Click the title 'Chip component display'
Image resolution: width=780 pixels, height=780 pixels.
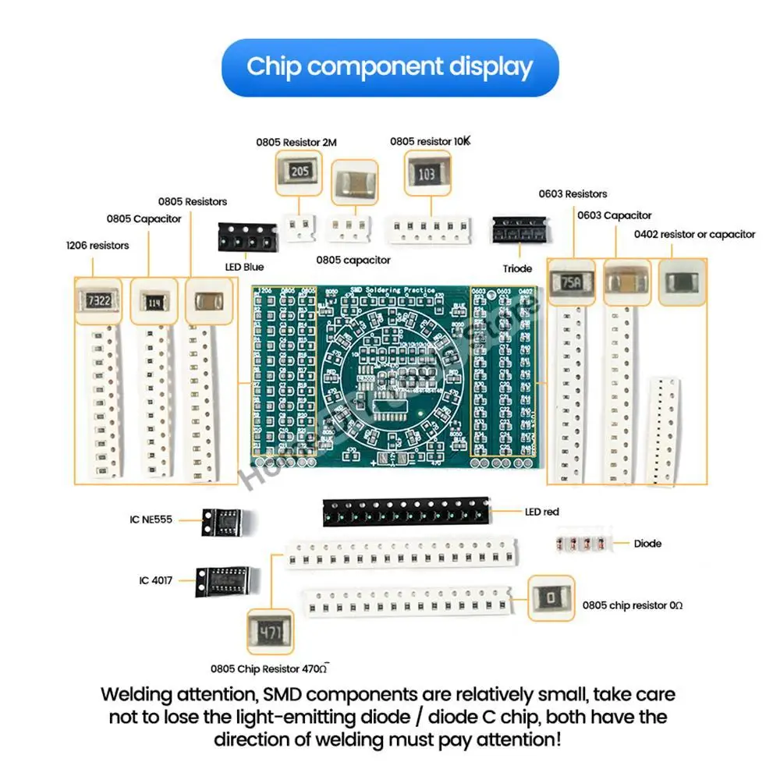click(x=390, y=67)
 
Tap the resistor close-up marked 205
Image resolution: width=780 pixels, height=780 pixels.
click(x=299, y=172)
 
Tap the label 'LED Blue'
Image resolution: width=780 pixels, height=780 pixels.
click(x=244, y=267)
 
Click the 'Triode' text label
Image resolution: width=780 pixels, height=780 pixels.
click(x=517, y=268)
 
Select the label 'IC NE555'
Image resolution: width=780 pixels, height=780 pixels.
click(x=151, y=519)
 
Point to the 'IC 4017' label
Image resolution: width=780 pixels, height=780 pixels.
click(x=156, y=580)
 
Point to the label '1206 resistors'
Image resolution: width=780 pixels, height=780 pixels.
click(x=97, y=246)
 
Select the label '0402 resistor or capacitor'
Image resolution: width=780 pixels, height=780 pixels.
click(x=694, y=234)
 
